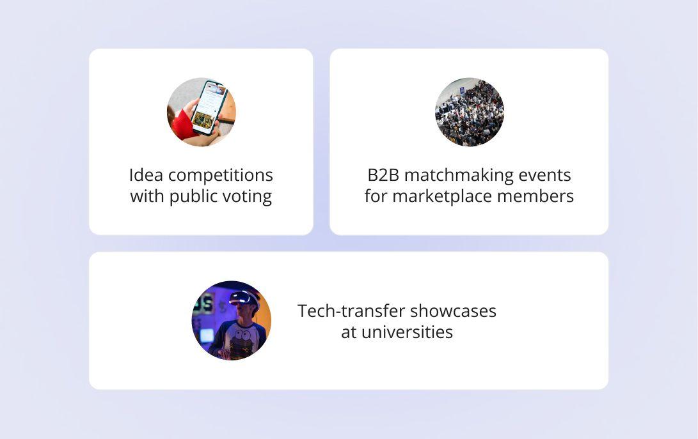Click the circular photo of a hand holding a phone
click(x=202, y=112)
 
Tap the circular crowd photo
click(x=470, y=112)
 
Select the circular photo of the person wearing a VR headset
click(x=232, y=320)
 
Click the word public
click(x=193, y=196)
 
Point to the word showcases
click(x=453, y=311)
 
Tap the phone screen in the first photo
click(x=210, y=107)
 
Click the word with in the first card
click(x=147, y=196)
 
